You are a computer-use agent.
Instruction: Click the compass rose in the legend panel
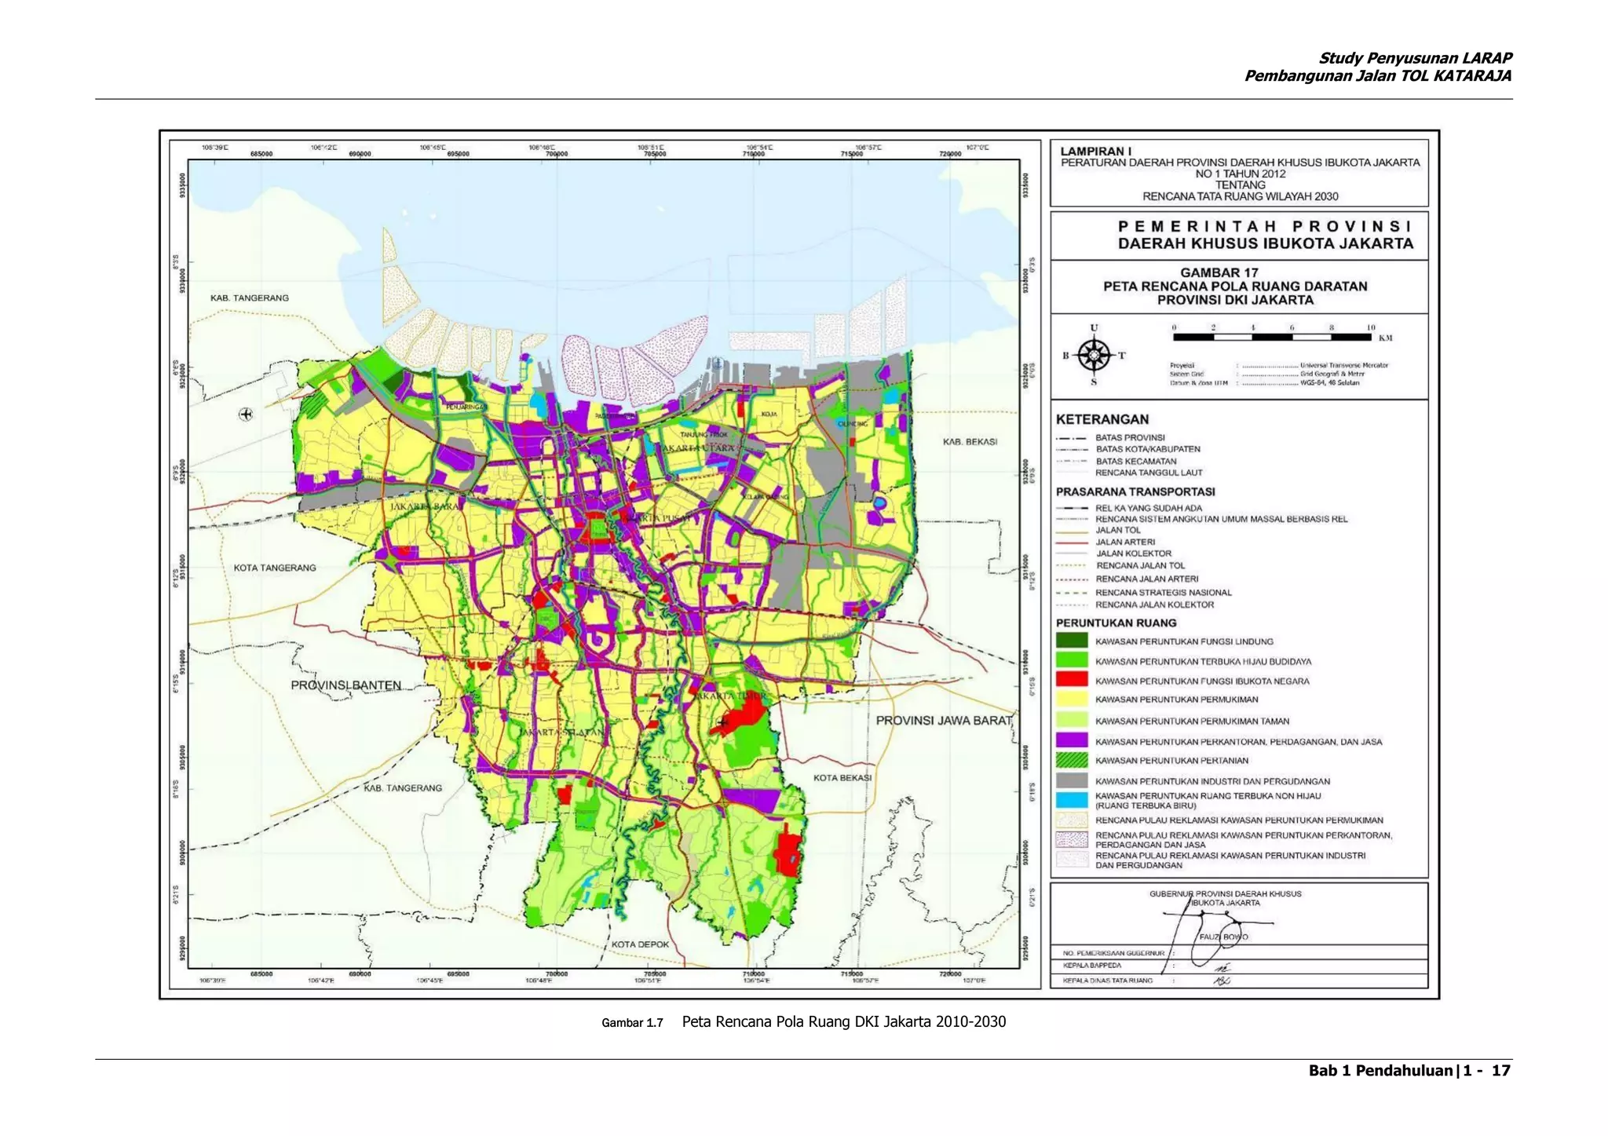click(x=1094, y=355)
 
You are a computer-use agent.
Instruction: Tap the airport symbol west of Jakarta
click(x=246, y=414)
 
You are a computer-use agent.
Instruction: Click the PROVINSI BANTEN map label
click(x=345, y=685)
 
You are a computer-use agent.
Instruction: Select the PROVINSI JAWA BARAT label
click(x=944, y=720)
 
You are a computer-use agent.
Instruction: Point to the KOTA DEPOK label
click(x=640, y=944)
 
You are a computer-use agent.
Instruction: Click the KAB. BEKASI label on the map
click(x=970, y=442)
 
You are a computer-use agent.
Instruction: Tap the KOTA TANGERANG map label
click(x=275, y=568)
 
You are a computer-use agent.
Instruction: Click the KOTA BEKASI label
click(x=842, y=777)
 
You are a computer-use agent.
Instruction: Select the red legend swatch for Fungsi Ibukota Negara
click(x=1072, y=680)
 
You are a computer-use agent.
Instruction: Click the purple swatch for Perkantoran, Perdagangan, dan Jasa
click(x=1072, y=740)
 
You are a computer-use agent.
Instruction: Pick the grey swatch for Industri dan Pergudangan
click(x=1072, y=780)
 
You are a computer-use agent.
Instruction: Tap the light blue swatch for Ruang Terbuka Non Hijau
click(x=1072, y=800)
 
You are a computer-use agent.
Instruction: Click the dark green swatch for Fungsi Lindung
click(x=1072, y=641)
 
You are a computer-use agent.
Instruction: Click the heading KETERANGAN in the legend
click(x=1102, y=419)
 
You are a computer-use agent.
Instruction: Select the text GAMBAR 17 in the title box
click(x=1219, y=272)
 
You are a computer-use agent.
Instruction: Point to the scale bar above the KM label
click(x=1272, y=337)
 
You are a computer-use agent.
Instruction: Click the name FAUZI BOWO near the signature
click(x=1222, y=937)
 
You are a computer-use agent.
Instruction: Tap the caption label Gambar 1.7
click(x=632, y=1023)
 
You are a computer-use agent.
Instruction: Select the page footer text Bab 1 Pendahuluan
click(x=1380, y=1071)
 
